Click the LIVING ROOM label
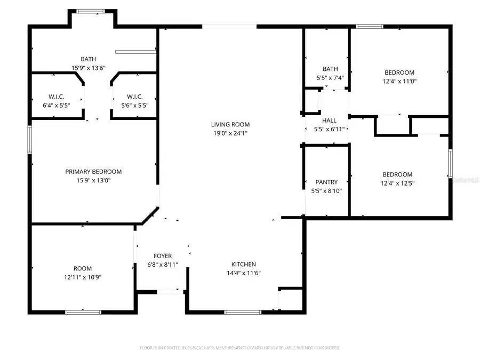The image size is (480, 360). (x=230, y=124)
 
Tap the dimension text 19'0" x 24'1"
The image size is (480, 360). (x=230, y=133)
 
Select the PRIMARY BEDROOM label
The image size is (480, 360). (x=93, y=172)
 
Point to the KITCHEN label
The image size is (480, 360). (x=243, y=264)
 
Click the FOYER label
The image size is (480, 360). (x=163, y=255)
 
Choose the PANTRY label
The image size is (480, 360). (x=326, y=182)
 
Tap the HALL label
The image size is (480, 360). (x=329, y=121)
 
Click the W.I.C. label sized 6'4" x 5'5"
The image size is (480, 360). (x=57, y=97)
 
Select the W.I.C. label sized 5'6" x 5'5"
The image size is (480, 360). (x=134, y=97)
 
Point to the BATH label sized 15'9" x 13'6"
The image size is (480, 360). (x=89, y=59)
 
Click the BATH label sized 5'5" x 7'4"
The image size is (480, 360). (x=330, y=69)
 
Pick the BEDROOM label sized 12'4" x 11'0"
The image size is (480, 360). (x=399, y=73)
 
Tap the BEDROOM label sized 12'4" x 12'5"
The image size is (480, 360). (x=397, y=174)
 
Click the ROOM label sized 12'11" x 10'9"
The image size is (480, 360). (x=83, y=268)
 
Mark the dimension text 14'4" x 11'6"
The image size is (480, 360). (x=243, y=273)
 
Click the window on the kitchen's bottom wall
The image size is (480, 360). (x=243, y=312)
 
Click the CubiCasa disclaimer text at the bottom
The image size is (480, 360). (x=239, y=348)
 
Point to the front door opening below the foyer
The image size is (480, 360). (x=171, y=291)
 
